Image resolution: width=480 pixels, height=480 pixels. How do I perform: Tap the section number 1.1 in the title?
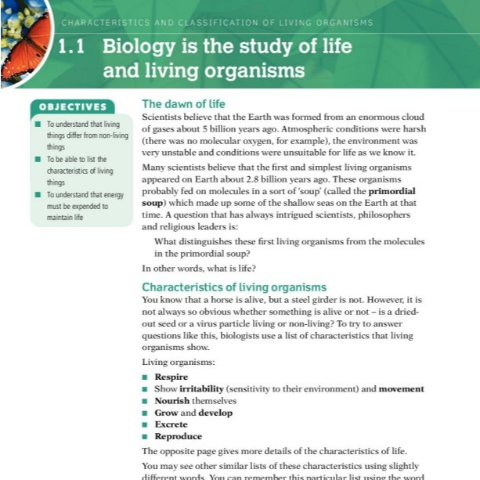(76, 46)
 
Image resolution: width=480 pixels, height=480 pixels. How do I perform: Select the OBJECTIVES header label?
(73, 107)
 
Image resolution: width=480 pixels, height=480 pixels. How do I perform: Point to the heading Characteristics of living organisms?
(233, 287)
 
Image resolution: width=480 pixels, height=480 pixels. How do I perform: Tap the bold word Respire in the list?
(171, 377)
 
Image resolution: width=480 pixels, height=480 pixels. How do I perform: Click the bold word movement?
(402, 388)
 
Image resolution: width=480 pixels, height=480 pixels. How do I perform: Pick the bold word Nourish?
(172, 400)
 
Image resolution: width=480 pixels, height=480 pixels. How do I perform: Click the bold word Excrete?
(171, 424)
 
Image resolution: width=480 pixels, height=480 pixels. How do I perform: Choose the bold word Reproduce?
(178, 436)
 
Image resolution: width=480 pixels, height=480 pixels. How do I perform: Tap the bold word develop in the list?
(215, 413)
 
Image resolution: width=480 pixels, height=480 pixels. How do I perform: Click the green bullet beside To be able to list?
(38, 159)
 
